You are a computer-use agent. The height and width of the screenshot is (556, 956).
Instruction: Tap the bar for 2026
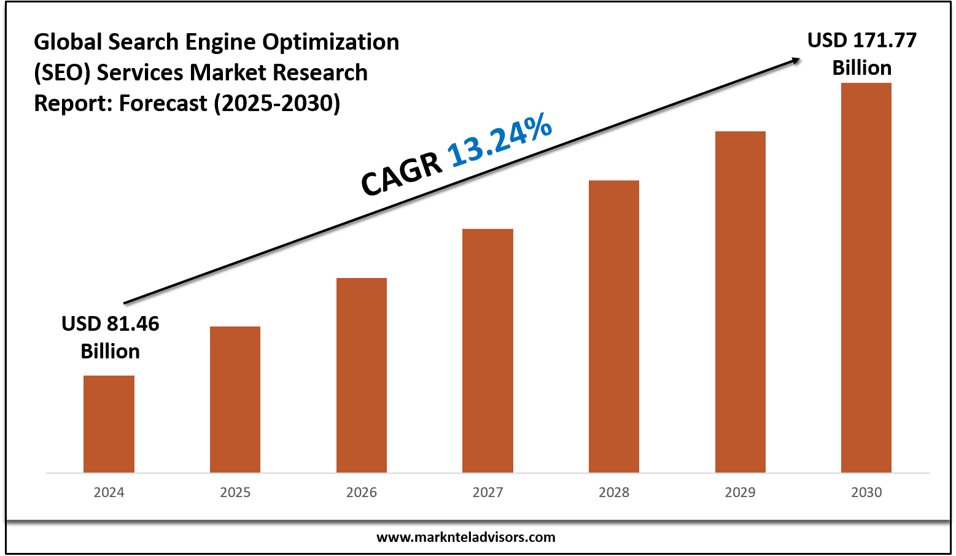point(362,375)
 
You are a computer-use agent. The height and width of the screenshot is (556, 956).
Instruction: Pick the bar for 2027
point(488,350)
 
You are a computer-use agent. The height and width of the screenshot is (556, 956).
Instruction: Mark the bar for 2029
point(740,302)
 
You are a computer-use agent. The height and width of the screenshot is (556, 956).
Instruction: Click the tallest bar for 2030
point(866,277)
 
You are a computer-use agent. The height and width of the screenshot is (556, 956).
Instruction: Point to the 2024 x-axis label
point(109,492)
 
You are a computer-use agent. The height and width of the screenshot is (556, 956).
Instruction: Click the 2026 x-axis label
point(362,492)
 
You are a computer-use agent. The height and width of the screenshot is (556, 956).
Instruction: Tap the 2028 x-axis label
point(614,492)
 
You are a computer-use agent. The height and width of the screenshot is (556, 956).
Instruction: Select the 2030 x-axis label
point(866,492)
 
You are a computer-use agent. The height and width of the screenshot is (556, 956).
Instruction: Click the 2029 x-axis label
point(740,492)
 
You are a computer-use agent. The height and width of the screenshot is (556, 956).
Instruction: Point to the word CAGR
point(402,174)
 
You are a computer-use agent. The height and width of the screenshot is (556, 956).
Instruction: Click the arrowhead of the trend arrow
point(796,60)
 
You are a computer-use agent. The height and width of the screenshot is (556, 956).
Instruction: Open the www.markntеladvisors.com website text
point(465,537)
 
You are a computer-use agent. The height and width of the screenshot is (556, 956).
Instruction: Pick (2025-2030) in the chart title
point(277,103)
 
